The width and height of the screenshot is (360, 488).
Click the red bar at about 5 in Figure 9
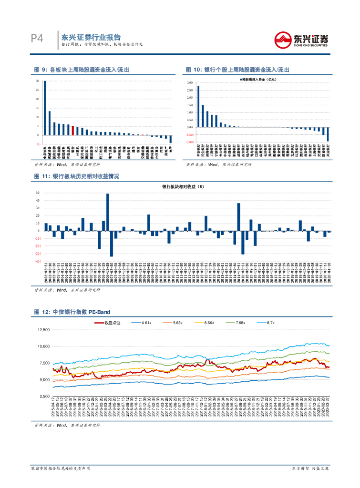coord(72,130)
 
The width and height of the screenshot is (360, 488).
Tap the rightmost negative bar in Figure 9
coord(171,139)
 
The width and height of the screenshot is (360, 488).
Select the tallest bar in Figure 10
coord(198,106)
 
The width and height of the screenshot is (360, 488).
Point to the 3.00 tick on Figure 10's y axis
coord(189,83)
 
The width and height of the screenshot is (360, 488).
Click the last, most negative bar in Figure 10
coord(328,134)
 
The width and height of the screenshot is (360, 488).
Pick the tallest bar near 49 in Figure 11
coord(107,212)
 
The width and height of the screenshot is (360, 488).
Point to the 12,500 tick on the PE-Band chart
coord(43,329)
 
